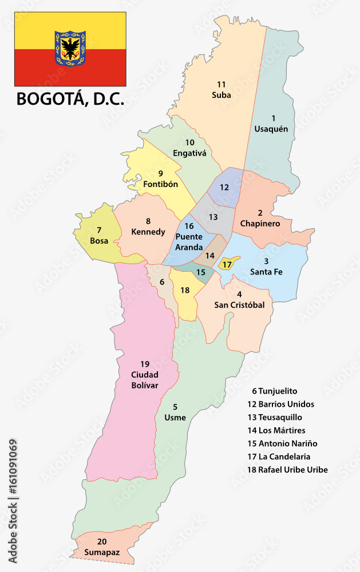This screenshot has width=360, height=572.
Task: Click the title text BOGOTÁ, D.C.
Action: (70, 99)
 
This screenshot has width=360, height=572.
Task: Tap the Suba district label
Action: (221, 95)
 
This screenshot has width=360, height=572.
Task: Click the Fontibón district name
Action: (160, 184)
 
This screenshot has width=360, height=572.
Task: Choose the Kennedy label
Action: (148, 232)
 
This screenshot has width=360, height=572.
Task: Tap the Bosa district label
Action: (99, 240)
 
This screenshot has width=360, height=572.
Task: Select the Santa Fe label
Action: (266, 272)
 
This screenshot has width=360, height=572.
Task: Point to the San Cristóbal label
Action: (239, 305)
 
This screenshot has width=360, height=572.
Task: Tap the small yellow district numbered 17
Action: (227, 264)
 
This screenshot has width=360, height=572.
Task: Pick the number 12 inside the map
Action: (224, 187)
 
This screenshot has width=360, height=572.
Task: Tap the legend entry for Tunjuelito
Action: (274, 391)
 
